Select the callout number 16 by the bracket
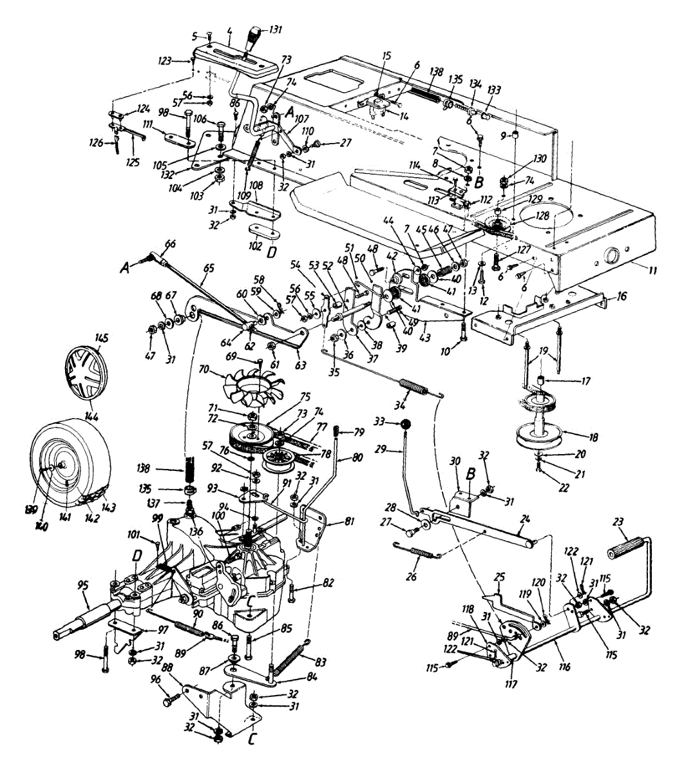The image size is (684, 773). tap(621, 299)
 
